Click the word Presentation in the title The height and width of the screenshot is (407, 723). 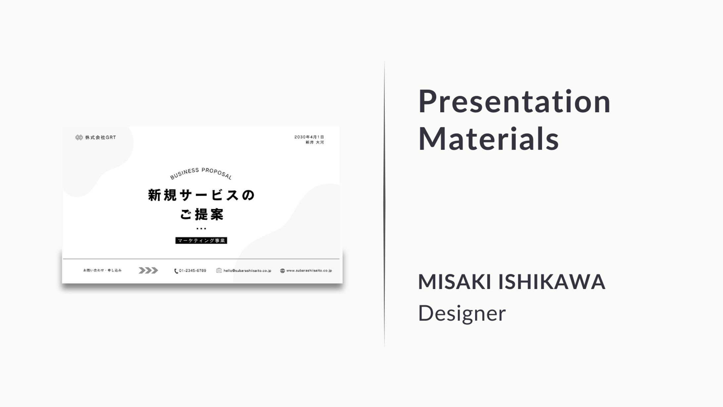click(x=514, y=101)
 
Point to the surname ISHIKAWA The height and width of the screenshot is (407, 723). click(x=552, y=281)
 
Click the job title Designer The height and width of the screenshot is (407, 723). click(x=462, y=313)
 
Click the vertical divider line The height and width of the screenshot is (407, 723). click(x=384, y=204)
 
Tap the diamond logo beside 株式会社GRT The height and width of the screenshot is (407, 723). click(x=79, y=137)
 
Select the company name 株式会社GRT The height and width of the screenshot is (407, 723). click(x=101, y=137)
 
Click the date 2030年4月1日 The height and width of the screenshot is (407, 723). click(x=309, y=137)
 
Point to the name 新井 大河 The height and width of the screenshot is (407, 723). click(x=315, y=142)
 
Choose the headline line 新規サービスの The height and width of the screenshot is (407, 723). click(x=201, y=195)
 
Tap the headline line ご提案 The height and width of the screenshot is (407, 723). click(x=202, y=214)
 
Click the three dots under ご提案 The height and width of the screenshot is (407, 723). click(x=201, y=229)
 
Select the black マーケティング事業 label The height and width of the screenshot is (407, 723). click(x=201, y=240)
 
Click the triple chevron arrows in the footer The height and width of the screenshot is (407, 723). click(x=148, y=271)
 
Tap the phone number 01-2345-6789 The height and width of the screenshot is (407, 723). click(x=193, y=271)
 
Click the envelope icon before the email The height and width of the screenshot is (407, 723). click(x=219, y=271)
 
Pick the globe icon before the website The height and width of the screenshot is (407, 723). click(x=282, y=271)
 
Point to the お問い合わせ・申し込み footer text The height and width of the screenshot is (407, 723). click(x=102, y=270)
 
